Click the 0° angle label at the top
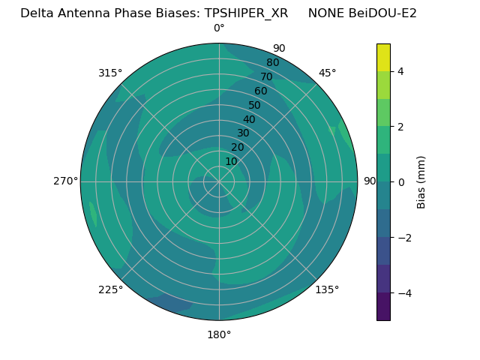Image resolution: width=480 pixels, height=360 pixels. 219,28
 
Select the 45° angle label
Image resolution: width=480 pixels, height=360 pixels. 327,73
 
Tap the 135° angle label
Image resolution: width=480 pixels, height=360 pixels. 327,289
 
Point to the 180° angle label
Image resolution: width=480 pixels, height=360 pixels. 219,334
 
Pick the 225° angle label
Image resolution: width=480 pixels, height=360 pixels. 110,289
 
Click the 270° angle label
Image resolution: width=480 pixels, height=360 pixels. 65,181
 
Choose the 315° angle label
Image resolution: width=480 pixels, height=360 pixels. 110,73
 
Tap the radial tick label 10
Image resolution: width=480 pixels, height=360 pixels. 231,161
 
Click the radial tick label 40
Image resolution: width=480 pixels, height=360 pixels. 249,120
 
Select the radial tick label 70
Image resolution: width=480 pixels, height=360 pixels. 266,76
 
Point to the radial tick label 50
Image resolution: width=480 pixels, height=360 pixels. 255,106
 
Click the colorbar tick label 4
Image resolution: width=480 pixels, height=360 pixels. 400,71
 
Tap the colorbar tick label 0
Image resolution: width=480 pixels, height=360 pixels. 400,182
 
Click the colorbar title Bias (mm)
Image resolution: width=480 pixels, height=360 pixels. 421,181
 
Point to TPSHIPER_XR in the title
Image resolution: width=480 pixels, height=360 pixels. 246,13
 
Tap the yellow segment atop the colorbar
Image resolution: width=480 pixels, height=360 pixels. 383,57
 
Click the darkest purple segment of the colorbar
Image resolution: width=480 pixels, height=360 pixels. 383,307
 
